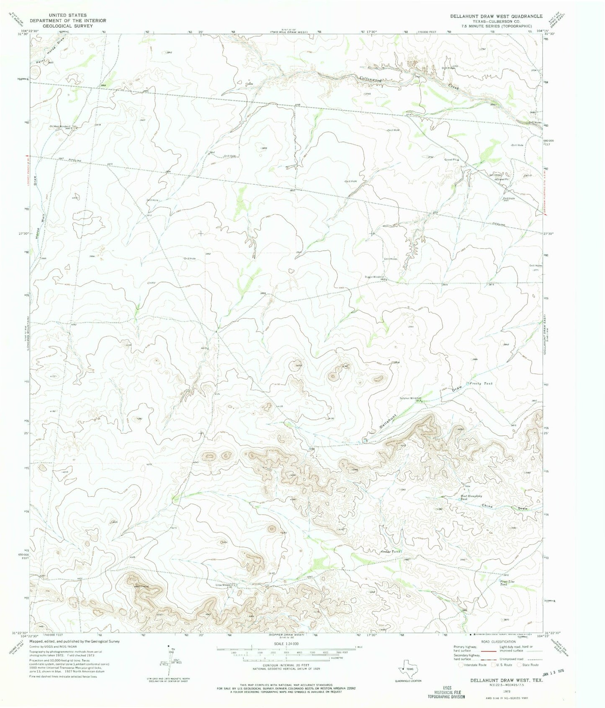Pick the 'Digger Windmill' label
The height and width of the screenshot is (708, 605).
tap(374, 277)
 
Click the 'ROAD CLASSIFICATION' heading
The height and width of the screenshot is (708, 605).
tap(498, 642)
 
